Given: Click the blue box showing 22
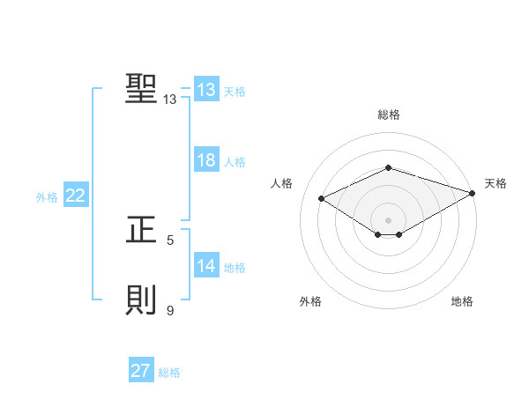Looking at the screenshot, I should point(75,196).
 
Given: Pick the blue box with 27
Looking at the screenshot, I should point(141,371).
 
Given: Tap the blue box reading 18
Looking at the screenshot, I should point(206,160).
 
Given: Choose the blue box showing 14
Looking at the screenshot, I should point(206,266).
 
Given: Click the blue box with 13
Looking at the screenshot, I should point(206,90).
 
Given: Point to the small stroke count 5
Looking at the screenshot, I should point(170,240).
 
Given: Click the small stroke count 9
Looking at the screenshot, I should point(170,310).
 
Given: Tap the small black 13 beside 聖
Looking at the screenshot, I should point(169,100).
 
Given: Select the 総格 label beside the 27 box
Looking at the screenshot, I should point(169,373).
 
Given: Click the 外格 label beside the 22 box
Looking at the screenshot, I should point(47,197).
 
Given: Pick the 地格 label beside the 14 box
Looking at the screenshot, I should point(235,268).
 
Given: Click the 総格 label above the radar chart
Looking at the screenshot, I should point(389,115).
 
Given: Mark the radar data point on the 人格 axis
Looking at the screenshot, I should point(322,199).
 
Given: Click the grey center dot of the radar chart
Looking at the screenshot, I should point(388,218).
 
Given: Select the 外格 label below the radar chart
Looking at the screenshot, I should point(310,301).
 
